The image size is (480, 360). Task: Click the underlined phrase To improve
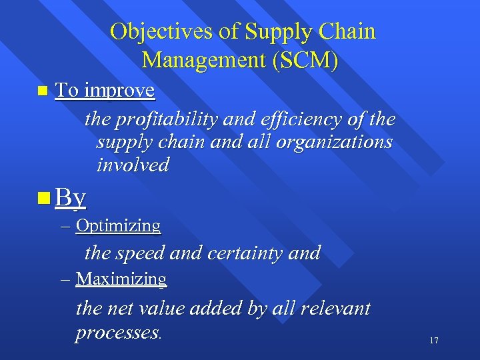click(x=105, y=91)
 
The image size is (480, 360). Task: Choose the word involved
click(x=133, y=165)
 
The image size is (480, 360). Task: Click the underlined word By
click(x=71, y=197)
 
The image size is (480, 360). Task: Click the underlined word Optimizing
click(x=118, y=226)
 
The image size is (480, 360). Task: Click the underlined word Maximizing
click(x=121, y=279)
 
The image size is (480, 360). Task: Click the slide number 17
click(x=434, y=341)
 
